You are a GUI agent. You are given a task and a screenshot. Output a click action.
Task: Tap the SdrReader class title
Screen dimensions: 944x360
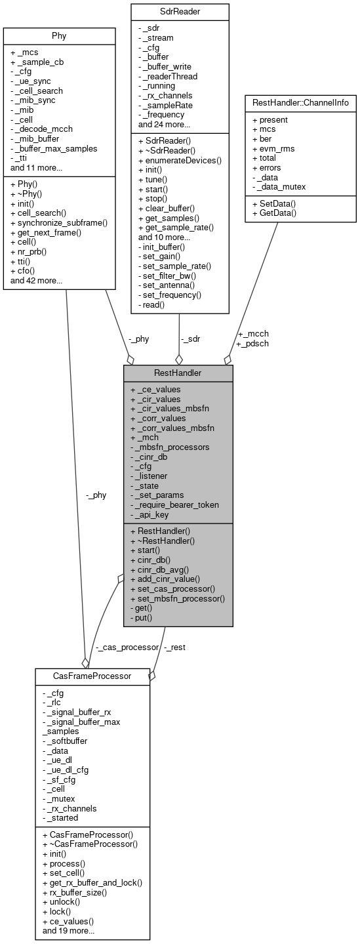pos(180,11)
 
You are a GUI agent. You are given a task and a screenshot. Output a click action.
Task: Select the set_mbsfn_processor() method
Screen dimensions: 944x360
pos(178,598)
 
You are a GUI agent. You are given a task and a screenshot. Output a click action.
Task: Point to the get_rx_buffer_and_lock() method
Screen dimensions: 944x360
pos(92,883)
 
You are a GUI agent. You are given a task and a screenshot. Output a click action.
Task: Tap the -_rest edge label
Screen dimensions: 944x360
pos(174,647)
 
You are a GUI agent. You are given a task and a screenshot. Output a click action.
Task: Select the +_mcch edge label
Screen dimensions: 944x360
pos(253,333)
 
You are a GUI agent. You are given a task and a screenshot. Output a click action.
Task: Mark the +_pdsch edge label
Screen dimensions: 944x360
pos(253,342)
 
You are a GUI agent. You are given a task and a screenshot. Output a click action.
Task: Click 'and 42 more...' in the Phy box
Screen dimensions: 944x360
pos(36,281)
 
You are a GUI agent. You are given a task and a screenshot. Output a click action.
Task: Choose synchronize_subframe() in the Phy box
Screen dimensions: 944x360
pos(59,222)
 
